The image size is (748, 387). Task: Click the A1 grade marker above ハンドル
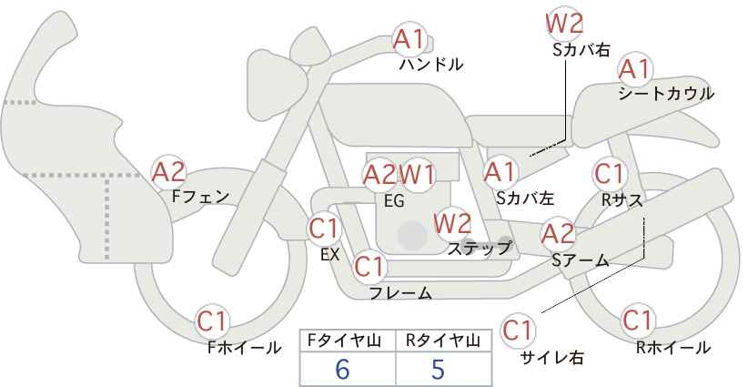409,39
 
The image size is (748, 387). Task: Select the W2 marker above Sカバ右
564,23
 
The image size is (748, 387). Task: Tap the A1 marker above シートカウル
635,70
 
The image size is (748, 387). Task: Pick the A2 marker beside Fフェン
168,172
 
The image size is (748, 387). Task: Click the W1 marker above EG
417,175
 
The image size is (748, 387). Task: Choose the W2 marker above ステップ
452,223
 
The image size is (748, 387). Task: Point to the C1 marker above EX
324,229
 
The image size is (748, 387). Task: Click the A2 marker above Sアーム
558,234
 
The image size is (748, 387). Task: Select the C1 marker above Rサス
609,174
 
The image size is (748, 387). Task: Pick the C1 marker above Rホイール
638,321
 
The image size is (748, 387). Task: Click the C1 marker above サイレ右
518,331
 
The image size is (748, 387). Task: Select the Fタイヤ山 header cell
348,341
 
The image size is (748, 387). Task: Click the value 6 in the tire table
342,369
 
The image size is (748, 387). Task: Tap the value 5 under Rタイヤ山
438,369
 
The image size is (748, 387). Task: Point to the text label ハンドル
431,65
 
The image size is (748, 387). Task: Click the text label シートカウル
666,94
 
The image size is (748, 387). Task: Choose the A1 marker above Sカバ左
500,172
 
